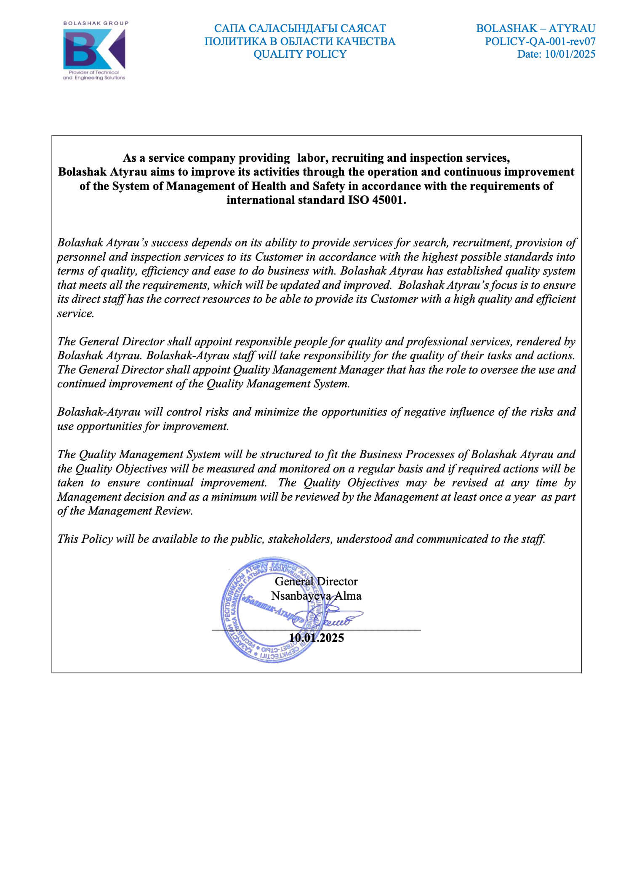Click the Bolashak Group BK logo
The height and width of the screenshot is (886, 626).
click(x=94, y=50)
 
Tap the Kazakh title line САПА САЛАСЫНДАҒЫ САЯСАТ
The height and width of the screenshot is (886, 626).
click(x=299, y=28)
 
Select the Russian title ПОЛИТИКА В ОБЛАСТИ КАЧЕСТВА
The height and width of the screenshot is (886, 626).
click(x=299, y=41)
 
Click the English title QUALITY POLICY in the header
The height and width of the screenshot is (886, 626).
click(x=299, y=54)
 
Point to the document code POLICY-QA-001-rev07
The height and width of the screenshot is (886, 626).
click(x=540, y=41)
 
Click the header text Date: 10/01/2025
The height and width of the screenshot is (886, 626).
click(x=556, y=54)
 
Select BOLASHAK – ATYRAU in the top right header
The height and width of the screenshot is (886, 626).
click(x=535, y=28)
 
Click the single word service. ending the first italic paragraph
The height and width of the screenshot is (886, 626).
click(x=75, y=313)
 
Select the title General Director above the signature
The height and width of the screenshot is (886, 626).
click(x=316, y=582)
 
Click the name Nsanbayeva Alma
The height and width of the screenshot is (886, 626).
click(x=316, y=596)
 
